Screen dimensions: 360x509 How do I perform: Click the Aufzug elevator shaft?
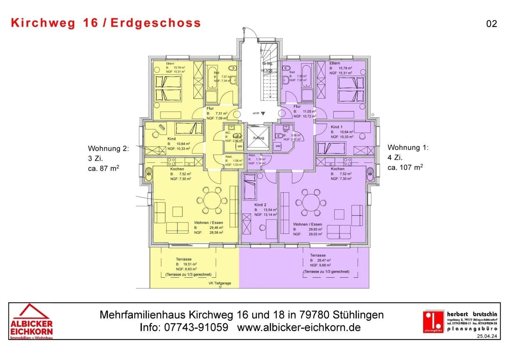click(x=258, y=137)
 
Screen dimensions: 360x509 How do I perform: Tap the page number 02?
click(x=491, y=24)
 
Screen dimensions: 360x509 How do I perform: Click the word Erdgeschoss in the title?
click(x=156, y=23)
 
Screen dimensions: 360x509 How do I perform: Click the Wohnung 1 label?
click(x=408, y=148)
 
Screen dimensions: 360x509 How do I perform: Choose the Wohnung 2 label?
click(x=108, y=149)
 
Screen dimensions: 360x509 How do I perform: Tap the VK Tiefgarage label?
click(x=220, y=283)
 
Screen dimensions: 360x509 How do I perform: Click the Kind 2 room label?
click(x=260, y=205)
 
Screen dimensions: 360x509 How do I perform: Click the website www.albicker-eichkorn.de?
click(x=299, y=327)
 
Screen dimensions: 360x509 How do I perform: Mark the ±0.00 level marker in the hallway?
click(x=256, y=113)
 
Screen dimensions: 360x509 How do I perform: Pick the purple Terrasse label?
click(x=318, y=255)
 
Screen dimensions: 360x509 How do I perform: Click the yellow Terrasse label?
click(x=184, y=259)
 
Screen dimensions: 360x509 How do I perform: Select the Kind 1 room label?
click(x=337, y=127)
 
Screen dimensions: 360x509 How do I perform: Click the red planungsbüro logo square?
click(x=433, y=321)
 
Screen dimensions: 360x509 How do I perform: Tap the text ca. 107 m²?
click(x=405, y=167)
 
